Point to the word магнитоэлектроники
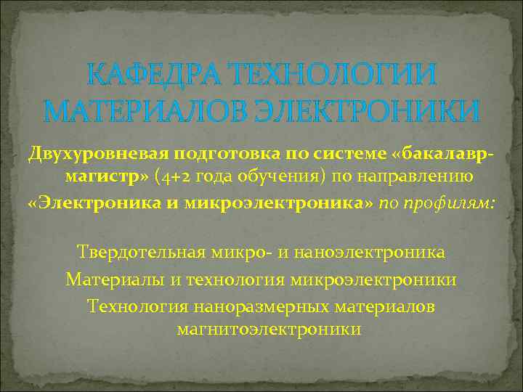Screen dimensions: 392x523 (269, 329)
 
